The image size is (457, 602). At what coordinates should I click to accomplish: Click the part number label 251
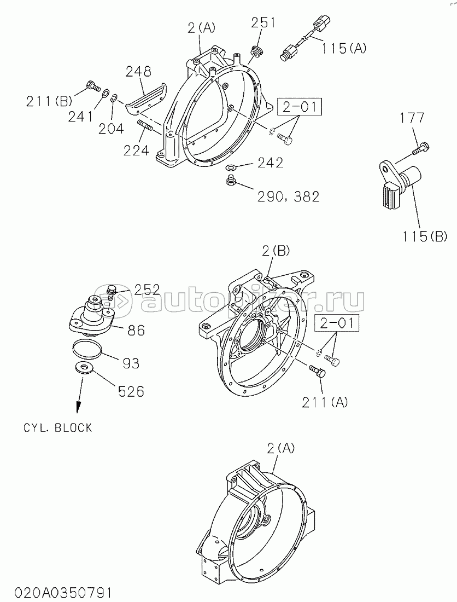tap(263, 22)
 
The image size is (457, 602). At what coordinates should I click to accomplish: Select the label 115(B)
tap(424, 236)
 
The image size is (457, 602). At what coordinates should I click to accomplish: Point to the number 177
tap(412, 118)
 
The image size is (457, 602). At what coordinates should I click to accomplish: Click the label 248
tap(139, 71)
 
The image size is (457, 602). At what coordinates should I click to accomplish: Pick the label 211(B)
tap(49, 101)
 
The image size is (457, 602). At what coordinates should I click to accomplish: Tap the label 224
tap(136, 151)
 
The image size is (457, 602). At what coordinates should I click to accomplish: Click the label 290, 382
tap(288, 196)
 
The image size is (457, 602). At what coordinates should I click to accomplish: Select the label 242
tap(271, 163)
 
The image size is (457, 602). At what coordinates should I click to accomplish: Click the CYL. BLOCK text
tap(58, 428)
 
